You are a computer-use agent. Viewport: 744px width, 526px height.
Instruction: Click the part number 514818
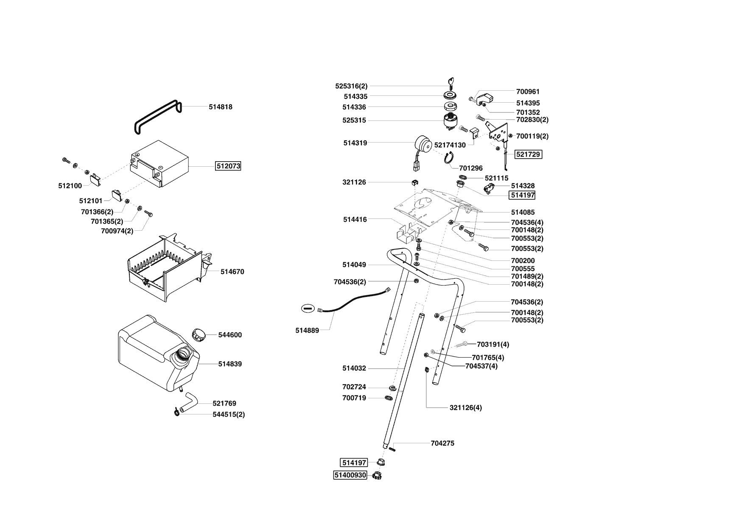(x=220, y=107)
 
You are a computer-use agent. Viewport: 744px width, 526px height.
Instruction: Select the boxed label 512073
(x=228, y=166)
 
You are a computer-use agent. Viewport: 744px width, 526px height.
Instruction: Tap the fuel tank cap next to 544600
(x=198, y=334)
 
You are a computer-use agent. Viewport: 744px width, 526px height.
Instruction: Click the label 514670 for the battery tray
(x=232, y=271)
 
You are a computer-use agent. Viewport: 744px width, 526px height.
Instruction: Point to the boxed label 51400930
(x=350, y=475)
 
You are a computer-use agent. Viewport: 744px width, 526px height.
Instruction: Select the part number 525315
(x=354, y=120)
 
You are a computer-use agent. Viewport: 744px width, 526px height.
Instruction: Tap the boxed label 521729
(x=528, y=154)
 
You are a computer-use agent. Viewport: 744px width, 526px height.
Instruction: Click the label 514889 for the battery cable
(x=307, y=330)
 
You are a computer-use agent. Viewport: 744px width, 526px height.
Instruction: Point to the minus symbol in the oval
(x=308, y=308)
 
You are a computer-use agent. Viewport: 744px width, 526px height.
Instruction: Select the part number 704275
(x=442, y=443)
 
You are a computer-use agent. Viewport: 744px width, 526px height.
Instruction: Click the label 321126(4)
(x=465, y=408)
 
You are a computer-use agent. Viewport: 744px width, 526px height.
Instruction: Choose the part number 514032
(x=354, y=368)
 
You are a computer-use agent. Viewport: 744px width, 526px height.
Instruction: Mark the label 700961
(x=528, y=92)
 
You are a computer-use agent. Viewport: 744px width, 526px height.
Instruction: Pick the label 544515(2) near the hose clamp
(x=229, y=414)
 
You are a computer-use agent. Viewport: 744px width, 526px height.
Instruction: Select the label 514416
(x=355, y=220)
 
